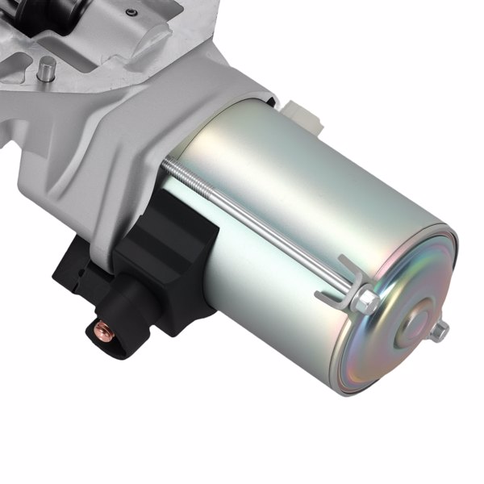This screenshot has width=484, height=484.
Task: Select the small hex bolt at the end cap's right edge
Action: (x=440, y=331)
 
